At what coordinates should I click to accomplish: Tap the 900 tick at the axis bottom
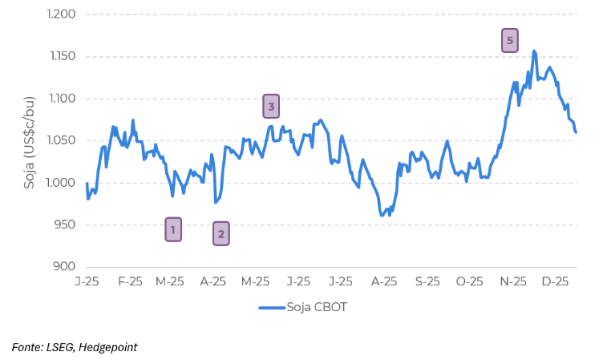(64, 267)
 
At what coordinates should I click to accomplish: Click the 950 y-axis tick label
(64, 225)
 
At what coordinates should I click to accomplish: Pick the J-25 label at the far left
(87, 281)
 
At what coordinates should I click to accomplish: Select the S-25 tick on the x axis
(427, 281)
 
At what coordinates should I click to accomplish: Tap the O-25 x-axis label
(469, 281)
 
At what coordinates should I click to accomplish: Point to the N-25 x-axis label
(513, 281)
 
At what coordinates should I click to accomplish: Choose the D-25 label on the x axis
(556, 281)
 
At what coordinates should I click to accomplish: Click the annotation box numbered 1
(172, 229)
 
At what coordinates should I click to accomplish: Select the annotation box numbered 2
(221, 233)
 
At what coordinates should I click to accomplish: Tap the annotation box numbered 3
(271, 106)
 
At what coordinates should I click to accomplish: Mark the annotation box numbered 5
(510, 40)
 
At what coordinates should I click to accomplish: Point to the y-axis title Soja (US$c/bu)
(30, 140)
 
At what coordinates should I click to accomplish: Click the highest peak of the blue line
(534, 51)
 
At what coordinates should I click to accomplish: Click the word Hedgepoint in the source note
(107, 347)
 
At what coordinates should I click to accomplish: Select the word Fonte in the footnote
(26, 347)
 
